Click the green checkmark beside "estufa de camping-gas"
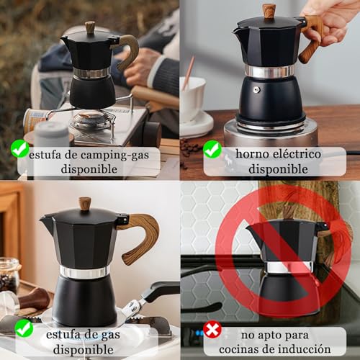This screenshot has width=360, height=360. (20, 150)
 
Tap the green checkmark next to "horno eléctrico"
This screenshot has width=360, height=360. (212, 150)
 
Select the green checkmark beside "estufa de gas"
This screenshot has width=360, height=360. (24, 328)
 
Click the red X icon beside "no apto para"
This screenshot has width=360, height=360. (212, 329)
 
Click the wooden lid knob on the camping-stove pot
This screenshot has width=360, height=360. (90, 27)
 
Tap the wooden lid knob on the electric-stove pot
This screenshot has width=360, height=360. (269, 10)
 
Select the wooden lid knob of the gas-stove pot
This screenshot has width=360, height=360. (85, 204)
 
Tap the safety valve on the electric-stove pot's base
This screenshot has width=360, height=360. (256, 90)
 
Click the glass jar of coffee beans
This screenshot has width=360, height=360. (9, 274)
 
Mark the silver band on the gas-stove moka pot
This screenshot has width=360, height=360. (84, 271)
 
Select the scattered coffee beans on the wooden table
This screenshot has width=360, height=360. (190, 147)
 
